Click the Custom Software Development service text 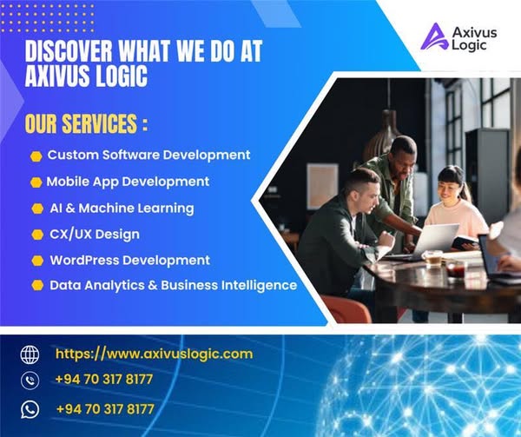point(148,155)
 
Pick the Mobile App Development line point(128,182)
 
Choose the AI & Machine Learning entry point(122,208)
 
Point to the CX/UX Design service point(95,234)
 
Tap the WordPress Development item point(129,260)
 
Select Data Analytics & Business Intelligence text point(173,285)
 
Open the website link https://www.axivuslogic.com point(154,354)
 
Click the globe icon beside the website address point(30,354)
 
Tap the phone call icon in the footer point(30,381)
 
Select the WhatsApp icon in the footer point(30,408)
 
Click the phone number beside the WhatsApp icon point(104,408)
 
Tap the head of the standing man point(403,151)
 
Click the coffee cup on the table point(432,258)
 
